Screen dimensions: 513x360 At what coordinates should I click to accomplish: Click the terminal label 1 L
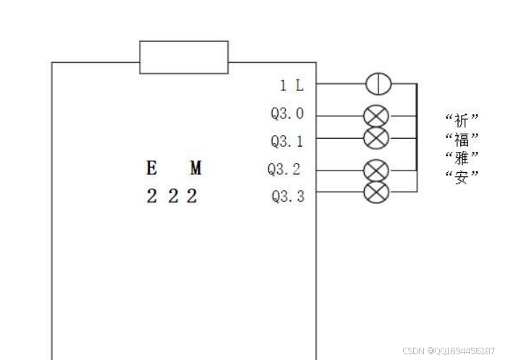pyautogui.click(x=292, y=85)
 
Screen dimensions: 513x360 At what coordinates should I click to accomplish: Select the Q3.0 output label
pyautogui.click(x=287, y=114)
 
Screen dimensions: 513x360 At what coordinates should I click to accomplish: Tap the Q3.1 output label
pyautogui.click(x=287, y=140)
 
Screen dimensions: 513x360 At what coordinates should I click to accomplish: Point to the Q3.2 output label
pyautogui.click(x=284, y=170)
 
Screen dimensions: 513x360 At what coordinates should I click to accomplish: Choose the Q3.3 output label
pyautogui.click(x=287, y=195)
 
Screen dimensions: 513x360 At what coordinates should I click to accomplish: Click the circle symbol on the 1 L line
pyautogui.click(x=378, y=84)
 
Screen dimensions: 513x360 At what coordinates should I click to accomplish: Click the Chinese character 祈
pyautogui.click(x=462, y=120)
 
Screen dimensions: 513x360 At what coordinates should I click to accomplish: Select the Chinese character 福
pyautogui.click(x=462, y=139)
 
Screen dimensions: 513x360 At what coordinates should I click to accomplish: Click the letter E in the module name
pyautogui.click(x=152, y=168)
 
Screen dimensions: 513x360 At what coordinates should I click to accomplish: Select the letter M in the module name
pyautogui.click(x=195, y=168)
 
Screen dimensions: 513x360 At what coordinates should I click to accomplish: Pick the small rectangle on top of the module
pyautogui.click(x=184, y=57)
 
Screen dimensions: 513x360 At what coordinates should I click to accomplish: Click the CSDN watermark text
pyautogui.click(x=449, y=351)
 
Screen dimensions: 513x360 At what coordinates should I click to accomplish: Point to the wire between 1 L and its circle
pyautogui.click(x=340, y=84)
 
